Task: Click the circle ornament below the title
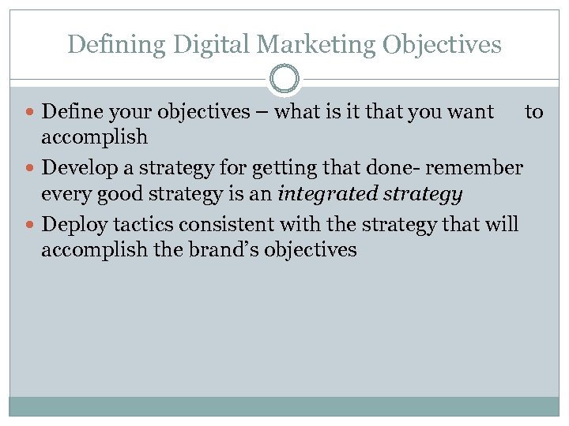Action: [284, 80]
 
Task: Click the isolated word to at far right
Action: [534, 112]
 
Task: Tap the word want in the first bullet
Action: [468, 112]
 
